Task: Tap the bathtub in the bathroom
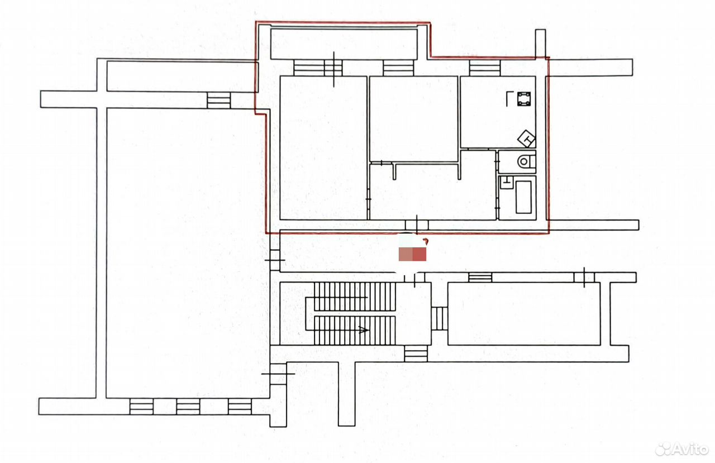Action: pos(523,197)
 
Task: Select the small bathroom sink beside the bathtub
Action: pos(506,182)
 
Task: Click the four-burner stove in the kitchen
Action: pos(524,99)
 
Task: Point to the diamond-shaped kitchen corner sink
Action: pos(526,139)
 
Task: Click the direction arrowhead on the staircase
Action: pos(364,330)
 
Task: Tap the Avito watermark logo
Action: pos(681,449)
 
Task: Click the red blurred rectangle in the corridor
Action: pos(412,254)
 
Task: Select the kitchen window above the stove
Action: pos(484,68)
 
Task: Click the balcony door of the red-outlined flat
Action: pos(333,68)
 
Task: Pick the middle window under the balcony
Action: pos(398,68)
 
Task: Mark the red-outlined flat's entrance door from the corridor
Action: pos(417,225)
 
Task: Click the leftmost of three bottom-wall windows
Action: pos(141,406)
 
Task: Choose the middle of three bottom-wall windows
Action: pos(188,406)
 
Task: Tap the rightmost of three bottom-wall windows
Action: pos(240,406)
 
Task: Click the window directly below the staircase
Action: pos(416,354)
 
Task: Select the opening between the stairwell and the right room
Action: pos(440,318)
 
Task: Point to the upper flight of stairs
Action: pos(355,297)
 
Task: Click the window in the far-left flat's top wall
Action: pos(218,100)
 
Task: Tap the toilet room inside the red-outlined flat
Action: pos(517,162)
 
